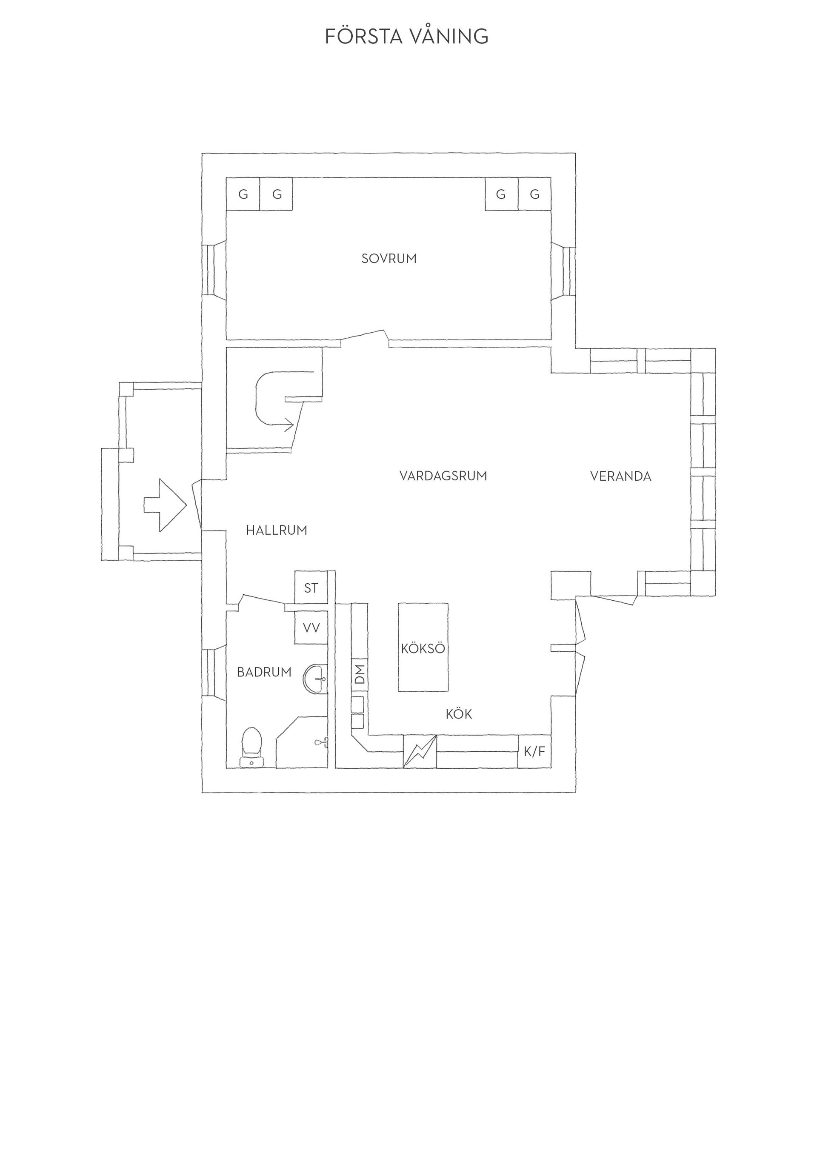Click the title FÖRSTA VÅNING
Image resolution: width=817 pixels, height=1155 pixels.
click(406, 36)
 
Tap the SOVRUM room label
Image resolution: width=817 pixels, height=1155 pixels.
click(389, 259)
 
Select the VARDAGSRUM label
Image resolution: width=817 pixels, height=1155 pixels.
click(443, 476)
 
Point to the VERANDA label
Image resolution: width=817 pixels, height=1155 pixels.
click(620, 476)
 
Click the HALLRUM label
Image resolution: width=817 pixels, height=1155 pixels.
click(276, 530)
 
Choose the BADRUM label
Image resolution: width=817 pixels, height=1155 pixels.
click(264, 672)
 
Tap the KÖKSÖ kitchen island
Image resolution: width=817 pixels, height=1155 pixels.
click(423, 647)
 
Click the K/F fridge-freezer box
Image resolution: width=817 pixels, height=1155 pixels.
click(534, 752)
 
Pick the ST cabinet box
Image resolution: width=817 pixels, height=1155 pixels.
click(311, 587)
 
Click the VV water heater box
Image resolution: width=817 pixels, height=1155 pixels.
click(311, 628)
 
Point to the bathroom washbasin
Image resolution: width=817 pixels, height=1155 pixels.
click(315, 679)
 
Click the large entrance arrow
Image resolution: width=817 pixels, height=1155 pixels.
click(166, 505)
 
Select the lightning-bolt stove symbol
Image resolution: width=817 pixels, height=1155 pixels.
click(420, 752)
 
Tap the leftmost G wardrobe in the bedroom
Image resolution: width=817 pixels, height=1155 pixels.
click(243, 194)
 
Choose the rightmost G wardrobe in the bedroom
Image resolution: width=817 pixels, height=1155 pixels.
click(534, 194)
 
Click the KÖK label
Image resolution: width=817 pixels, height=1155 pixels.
click(459, 714)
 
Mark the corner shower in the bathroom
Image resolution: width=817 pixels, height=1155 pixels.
click(302, 743)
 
